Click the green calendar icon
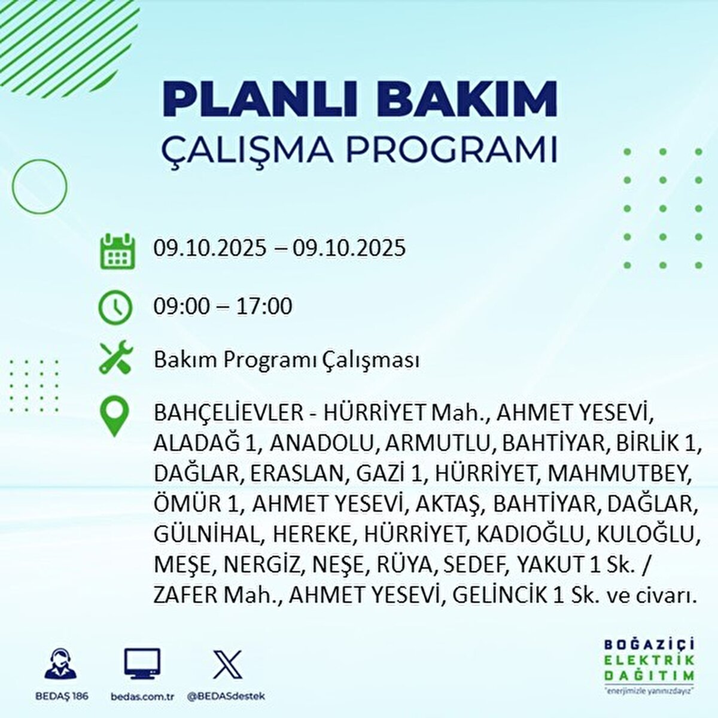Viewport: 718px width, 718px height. click(117, 251)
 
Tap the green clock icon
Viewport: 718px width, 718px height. click(115, 307)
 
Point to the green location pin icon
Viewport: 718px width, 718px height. click(115, 416)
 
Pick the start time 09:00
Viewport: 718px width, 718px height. click(182, 306)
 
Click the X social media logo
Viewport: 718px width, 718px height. click(227, 665)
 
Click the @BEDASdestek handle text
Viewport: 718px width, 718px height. click(226, 696)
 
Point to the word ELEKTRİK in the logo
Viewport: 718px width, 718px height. click(649, 661)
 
